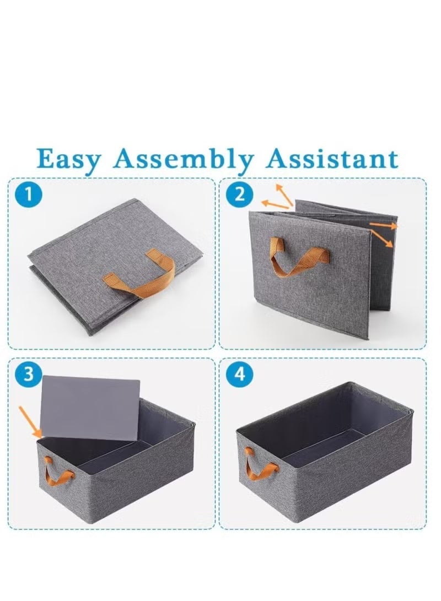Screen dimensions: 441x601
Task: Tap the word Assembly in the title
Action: pyautogui.click(x=184, y=159)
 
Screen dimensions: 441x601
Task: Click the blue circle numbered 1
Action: pyautogui.click(x=28, y=194)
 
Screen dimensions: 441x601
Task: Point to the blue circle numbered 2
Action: pyautogui.click(x=240, y=194)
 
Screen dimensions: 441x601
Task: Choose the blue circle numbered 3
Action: pyautogui.click(x=29, y=373)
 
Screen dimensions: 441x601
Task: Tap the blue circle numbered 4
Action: pyautogui.click(x=240, y=373)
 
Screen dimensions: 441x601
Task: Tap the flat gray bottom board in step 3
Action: pyautogui.click(x=90, y=408)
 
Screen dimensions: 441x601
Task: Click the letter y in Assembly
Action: pyautogui.click(x=245, y=165)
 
